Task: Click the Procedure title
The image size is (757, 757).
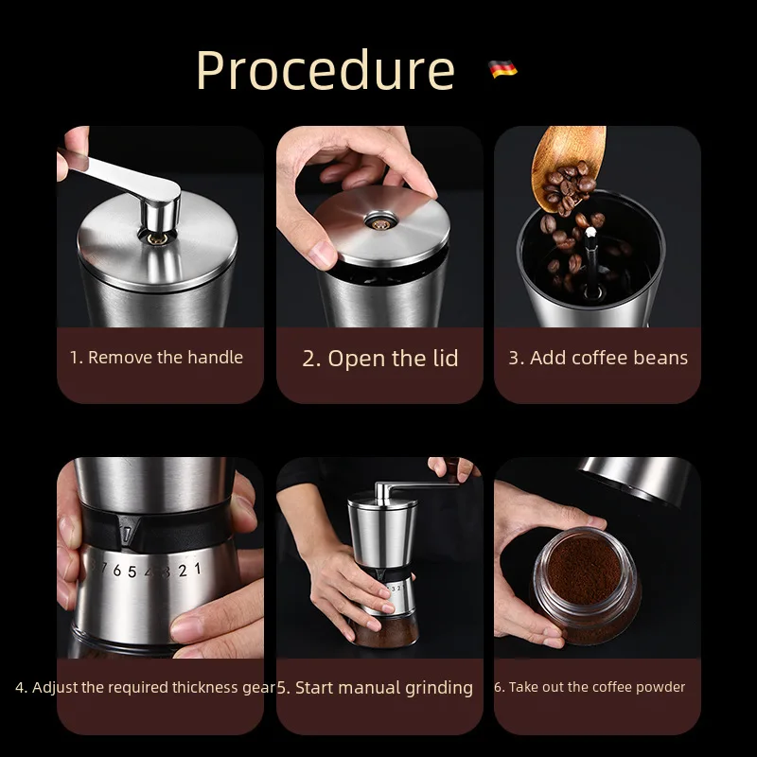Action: [x=325, y=70]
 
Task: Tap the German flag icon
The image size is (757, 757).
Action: [x=502, y=69]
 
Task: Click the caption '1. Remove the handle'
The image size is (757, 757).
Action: [x=156, y=358]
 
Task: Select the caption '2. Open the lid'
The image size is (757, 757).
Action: [x=379, y=359]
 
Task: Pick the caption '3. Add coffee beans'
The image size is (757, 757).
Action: [x=597, y=358]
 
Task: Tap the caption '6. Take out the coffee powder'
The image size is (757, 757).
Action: [x=590, y=687]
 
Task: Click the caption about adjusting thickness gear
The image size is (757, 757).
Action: [x=145, y=688]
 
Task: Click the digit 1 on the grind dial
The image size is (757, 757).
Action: [x=196, y=568]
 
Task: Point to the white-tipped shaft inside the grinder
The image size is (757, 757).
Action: [x=594, y=220]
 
